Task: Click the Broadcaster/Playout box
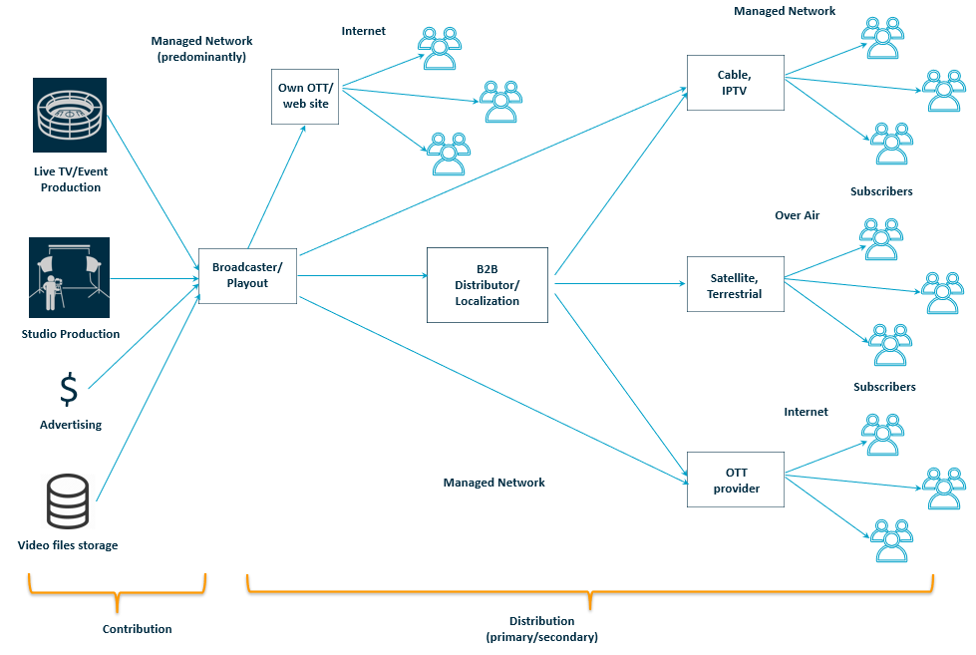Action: [x=248, y=275]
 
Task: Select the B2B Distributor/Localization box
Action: [x=487, y=285]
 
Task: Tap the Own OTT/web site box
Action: [x=304, y=96]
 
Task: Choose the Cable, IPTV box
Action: [x=735, y=83]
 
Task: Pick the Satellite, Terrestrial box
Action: [x=735, y=285]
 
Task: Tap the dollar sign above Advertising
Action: [x=69, y=389]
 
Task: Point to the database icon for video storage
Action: [x=69, y=501]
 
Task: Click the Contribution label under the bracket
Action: [x=137, y=629]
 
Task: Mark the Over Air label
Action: [x=797, y=215]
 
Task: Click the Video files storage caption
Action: [x=68, y=545]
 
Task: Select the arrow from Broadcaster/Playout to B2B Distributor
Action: [x=362, y=275]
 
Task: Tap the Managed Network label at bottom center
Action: [x=493, y=483]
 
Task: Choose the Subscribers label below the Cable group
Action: [x=880, y=190]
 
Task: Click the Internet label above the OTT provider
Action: [x=806, y=412]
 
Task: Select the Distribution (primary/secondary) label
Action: [x=542, y=628]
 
